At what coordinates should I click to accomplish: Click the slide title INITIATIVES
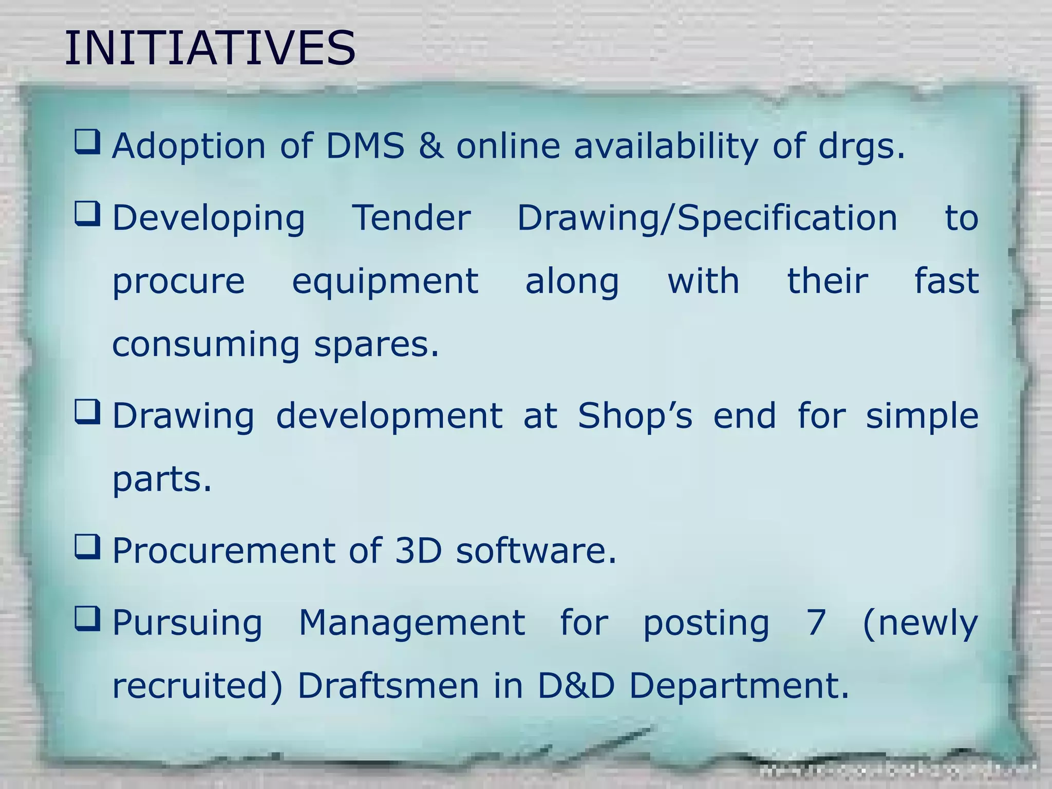click(x=210, y=48)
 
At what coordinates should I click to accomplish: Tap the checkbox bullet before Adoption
click(x=87, y=142)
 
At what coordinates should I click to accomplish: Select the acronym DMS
click(x=365, y=146)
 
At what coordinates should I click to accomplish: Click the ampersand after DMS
click(x=430, y=146)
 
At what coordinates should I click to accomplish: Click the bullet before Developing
click(x=87, y=214)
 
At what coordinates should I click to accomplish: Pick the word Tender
click(x=411, y=218)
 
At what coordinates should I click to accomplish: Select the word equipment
click(x=385, y=283)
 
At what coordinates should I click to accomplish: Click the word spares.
click(x=377, y=345)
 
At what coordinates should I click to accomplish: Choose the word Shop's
click(x=635, y=416)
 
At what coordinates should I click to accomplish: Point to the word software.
click(x=536, y=551)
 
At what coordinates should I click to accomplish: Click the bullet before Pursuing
click(x=87, y=618)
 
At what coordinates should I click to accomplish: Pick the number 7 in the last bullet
click(x=816, y=623)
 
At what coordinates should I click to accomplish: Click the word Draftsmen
click(x=388, y=686)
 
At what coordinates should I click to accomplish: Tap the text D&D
click(x=576, y=686)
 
